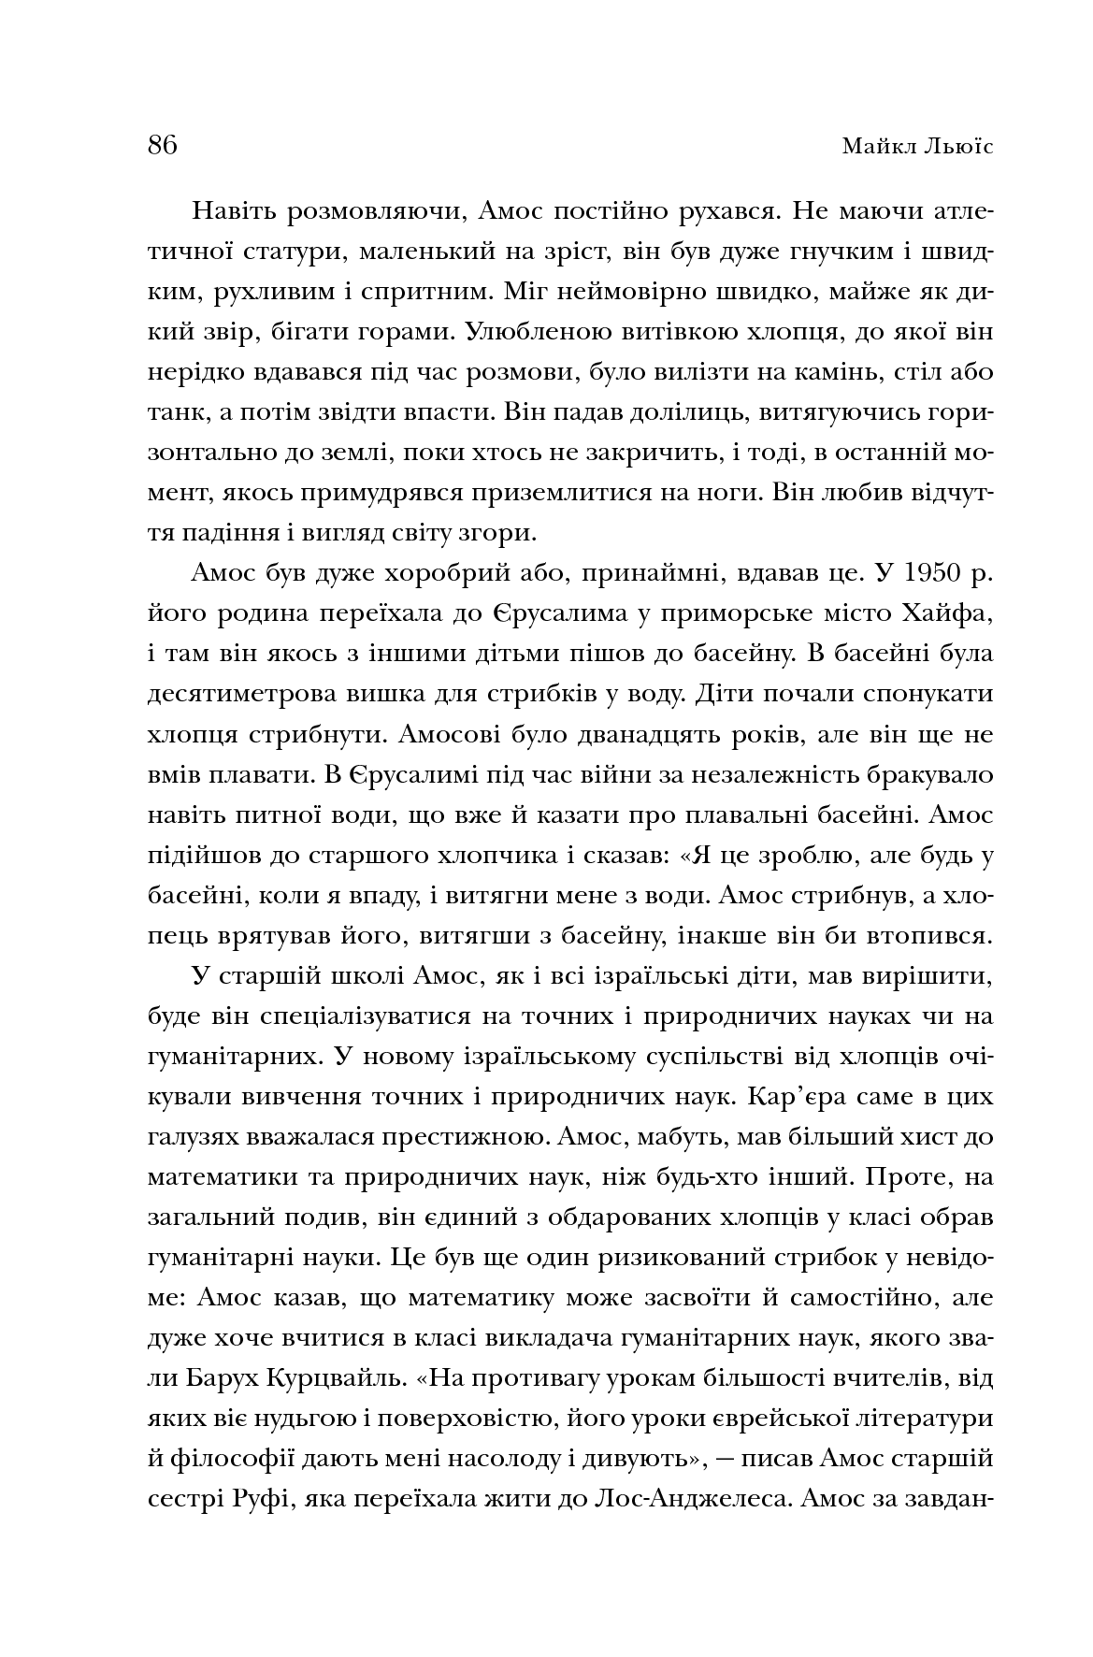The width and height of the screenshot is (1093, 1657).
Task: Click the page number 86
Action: [162, 147]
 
